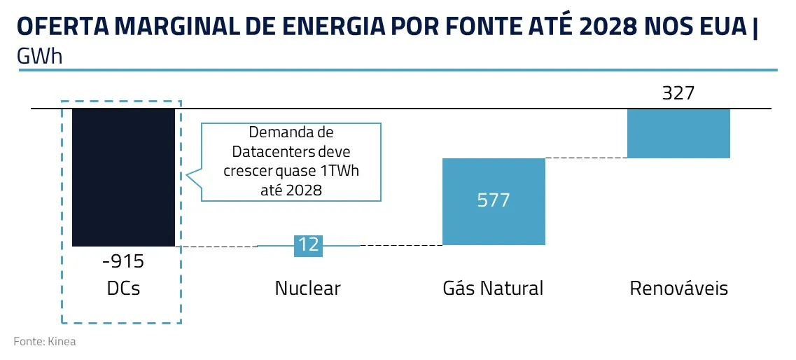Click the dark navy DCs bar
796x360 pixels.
(123, 176)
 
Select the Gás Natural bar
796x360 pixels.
(494, 202)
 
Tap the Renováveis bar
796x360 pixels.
(678, 133)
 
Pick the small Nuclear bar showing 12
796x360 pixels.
(308, 244)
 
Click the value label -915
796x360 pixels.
(123, 262)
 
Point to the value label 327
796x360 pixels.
(678, 93)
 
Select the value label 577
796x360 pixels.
(494, 200)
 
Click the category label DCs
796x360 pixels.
(123, 288)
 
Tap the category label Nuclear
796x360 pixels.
(307, 288)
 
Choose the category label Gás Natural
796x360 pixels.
(493, 288)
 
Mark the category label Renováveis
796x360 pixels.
(678, 288)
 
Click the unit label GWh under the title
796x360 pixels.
(39, 57)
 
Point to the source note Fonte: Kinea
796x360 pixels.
(44, 342)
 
